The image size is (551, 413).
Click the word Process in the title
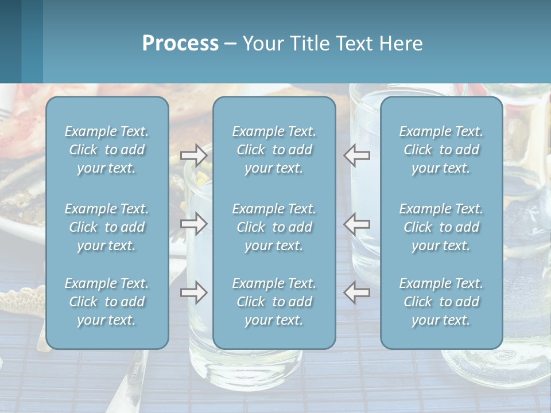tap(180, 44)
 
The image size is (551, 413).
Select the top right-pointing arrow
tap(193, 155)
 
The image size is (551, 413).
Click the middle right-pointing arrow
tap(193, 224)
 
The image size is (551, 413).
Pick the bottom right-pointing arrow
tap(193, 293)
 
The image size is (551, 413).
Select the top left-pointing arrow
tap(357, 155)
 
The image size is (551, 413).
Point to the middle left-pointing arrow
tap(357, 224)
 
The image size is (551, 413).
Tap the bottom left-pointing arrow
tap(357, 293)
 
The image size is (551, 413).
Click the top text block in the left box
tap(107, 150)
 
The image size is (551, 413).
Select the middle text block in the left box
tap(107, 227)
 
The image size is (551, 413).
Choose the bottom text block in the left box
tap(107, 302)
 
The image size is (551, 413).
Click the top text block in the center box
tap(274, 150)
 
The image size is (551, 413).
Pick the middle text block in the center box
tap(274, 227)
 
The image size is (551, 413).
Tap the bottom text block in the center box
tap(274, 302)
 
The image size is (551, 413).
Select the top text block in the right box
tap(441, 150)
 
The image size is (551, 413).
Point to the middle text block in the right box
tap(441, 227)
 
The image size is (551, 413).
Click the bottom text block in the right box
tap(441, 302)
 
